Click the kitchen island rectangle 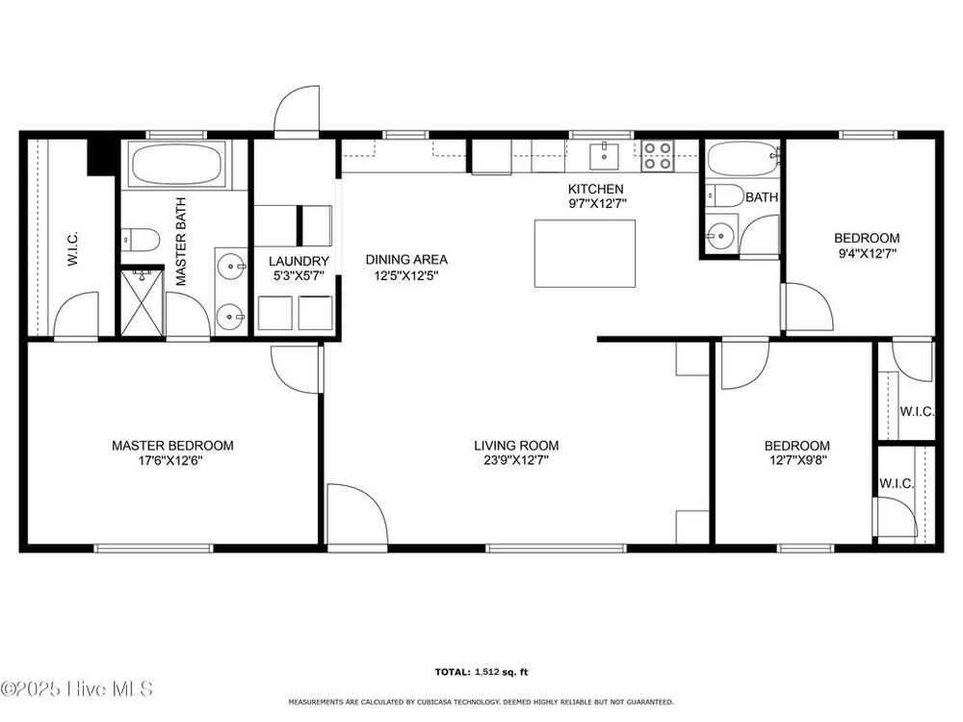(x=585, y=253)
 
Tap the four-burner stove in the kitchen (x=658, y=155)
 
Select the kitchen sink (x=605, y=155)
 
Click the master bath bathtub (x=176, y=165)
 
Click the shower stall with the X (x=143, y=303)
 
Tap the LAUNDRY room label (x=299, y=262)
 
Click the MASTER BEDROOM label (x=172, y=446)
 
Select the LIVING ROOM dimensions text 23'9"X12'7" (x=516, y=460)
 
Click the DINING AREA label (x=406, y=260)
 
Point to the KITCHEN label (x=596, y=189)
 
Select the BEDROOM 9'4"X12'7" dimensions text (x=868, y=253)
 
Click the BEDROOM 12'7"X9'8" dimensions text (x=797, y=460)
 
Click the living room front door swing (x=357, y=514)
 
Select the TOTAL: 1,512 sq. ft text (x=481, y=672)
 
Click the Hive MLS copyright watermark (x=76, y=689)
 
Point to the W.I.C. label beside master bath (x=72, y=248)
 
